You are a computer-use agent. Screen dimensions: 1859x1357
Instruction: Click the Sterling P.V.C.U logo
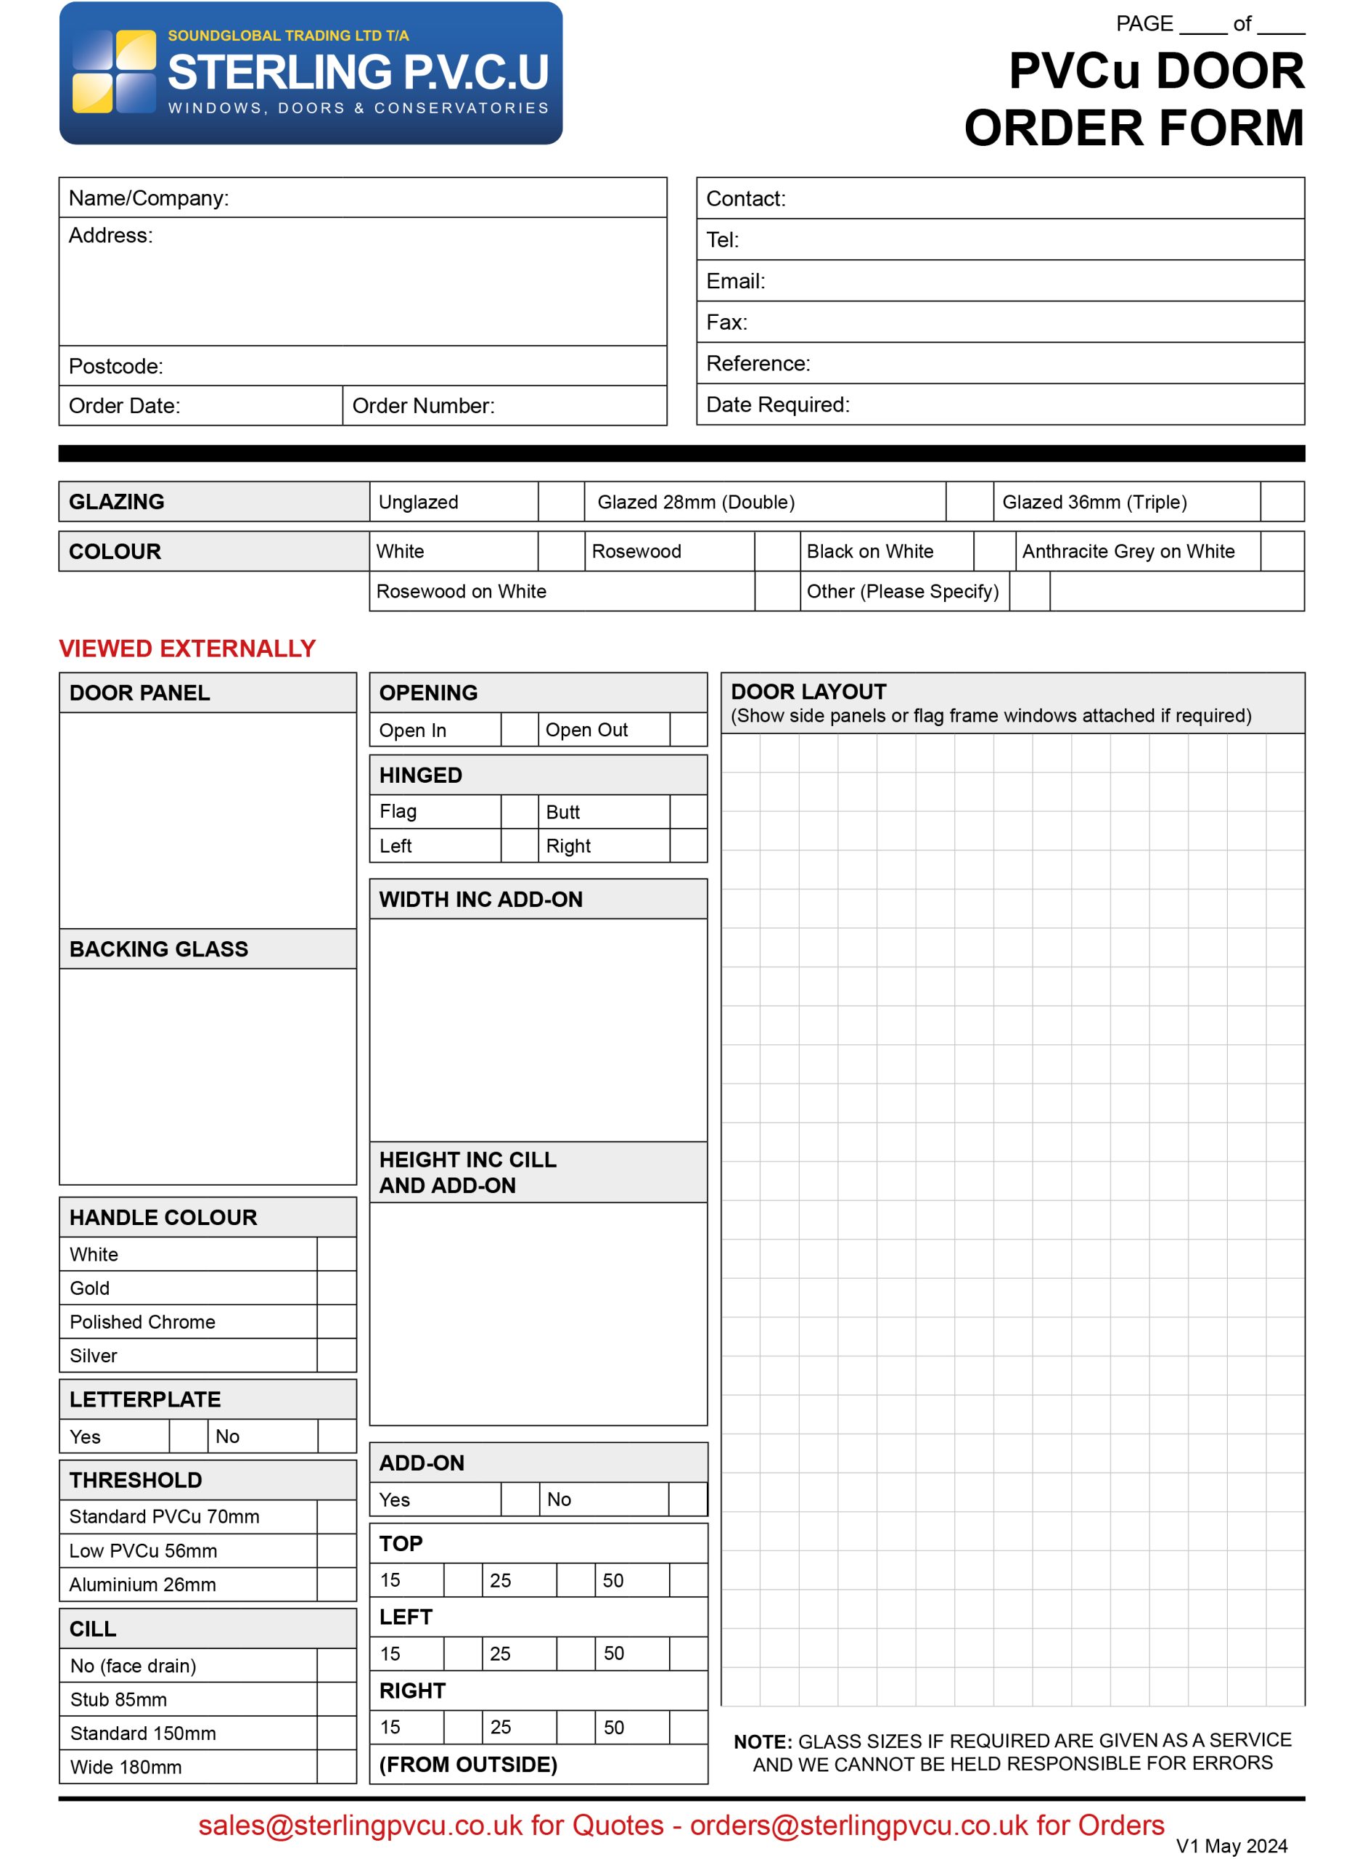coord(311,73)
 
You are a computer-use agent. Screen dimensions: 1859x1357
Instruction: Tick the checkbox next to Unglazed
coord(561,502)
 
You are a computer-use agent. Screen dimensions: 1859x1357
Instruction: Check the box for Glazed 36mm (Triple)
coord(1282,502)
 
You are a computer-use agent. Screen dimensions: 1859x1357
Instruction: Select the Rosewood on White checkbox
coord(777,592)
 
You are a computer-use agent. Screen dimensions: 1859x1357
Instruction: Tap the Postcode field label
coord(116,367)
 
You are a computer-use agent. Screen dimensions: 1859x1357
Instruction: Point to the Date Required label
coord(777,405)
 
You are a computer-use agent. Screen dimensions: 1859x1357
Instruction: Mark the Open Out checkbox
coord(689,730)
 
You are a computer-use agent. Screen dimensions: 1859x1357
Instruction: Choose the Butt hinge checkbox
coord(689,812)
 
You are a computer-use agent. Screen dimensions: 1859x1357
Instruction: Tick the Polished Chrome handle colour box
coord(337,1322)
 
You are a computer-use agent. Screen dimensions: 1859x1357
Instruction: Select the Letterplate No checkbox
coord(337,1437)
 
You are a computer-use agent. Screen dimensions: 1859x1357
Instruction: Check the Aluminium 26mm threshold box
coord(337,1585)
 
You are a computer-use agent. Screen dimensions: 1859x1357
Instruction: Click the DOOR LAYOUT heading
coord(808,692)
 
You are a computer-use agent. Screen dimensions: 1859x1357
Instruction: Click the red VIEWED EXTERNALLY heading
coord(187,649)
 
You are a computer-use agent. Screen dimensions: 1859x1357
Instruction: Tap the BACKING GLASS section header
coord(158,949)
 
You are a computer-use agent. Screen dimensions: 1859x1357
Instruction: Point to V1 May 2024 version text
coord(1231,1846)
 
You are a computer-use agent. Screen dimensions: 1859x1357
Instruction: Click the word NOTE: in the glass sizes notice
coord(762,1742)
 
